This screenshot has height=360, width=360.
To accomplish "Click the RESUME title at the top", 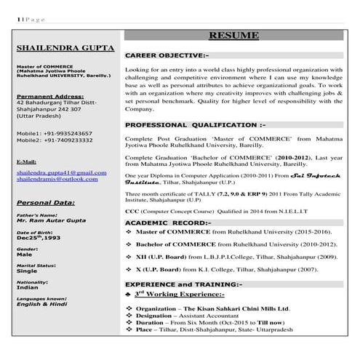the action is point(234,35).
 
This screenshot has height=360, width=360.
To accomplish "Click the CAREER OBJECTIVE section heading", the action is point(167,55).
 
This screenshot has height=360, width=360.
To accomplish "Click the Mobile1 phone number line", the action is point(55,134).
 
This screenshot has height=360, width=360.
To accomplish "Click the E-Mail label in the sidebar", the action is point(26,161).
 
